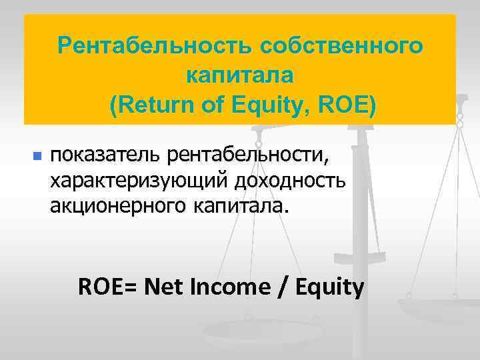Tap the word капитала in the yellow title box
pos(240,75)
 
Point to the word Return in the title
pos(152,105)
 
